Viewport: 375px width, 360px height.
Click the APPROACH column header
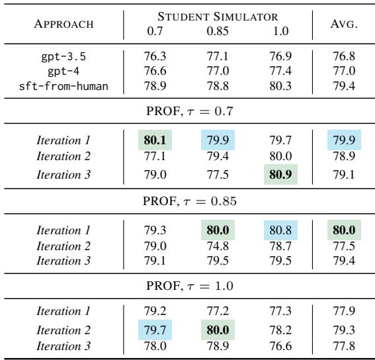(63, 24)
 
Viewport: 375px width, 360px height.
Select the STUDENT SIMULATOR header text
(218, 17)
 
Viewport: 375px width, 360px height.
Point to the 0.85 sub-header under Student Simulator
(217, 30)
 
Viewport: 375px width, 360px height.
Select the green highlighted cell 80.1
(154, 141)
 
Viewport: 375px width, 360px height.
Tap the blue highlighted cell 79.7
(154, 328)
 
